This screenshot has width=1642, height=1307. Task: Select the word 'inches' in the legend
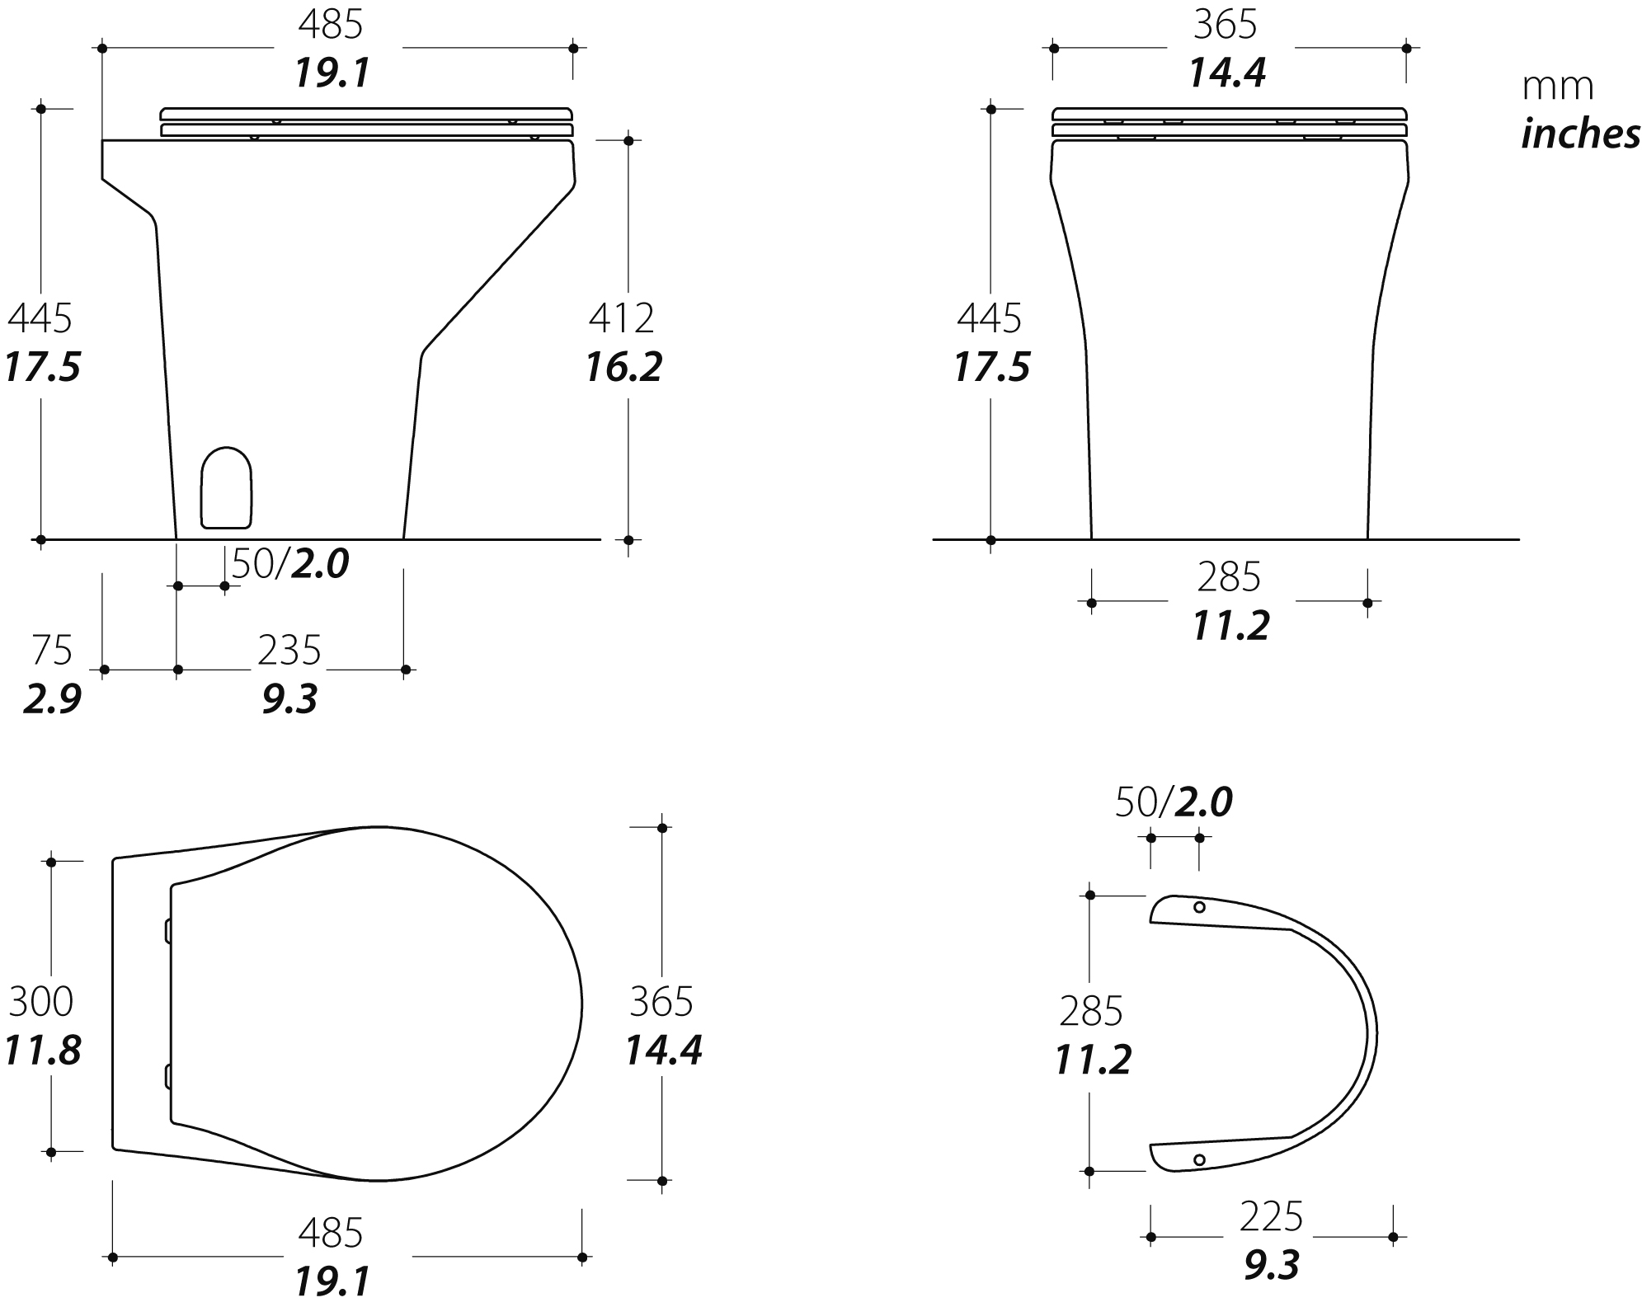(x=1580, y=134)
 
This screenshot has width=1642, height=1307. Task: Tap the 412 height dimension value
(x=621, y=317)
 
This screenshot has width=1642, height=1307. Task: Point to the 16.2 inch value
(x=623, y=367)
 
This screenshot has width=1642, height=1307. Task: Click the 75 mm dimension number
(x=52, y=651)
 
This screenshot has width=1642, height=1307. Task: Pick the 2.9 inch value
(x=52, y=699)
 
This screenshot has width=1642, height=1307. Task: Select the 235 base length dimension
(x=289, y=651)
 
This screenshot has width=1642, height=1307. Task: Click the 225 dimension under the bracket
(x=1271, y=1217)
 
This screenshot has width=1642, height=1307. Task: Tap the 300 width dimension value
(x=41, y=1002)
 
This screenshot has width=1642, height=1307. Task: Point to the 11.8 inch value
(x=43, y=1051)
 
